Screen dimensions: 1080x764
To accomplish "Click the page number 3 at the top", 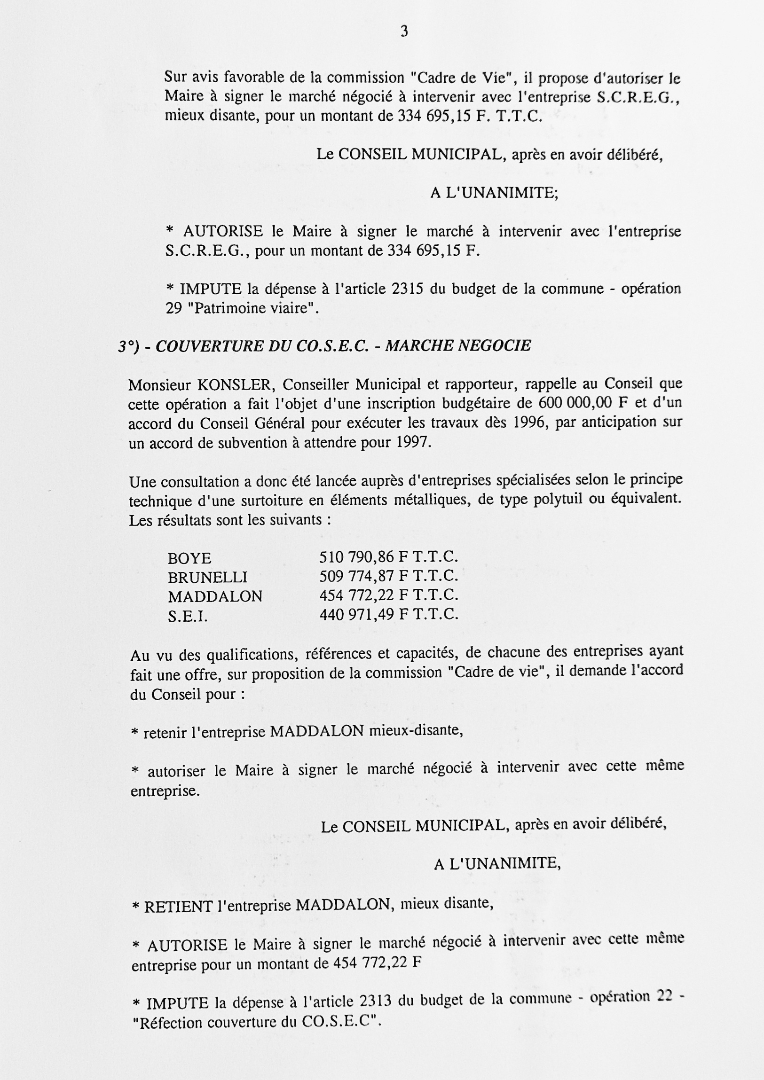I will pos(404,32).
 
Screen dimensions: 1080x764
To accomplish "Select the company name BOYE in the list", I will pos(189,558).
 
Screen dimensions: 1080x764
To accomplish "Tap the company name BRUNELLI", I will pos(207,577).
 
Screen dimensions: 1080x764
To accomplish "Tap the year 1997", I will pos(413,443).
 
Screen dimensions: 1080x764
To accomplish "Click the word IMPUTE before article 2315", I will pos(210,289).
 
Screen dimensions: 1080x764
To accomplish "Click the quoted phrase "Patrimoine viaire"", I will pos(253,309).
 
